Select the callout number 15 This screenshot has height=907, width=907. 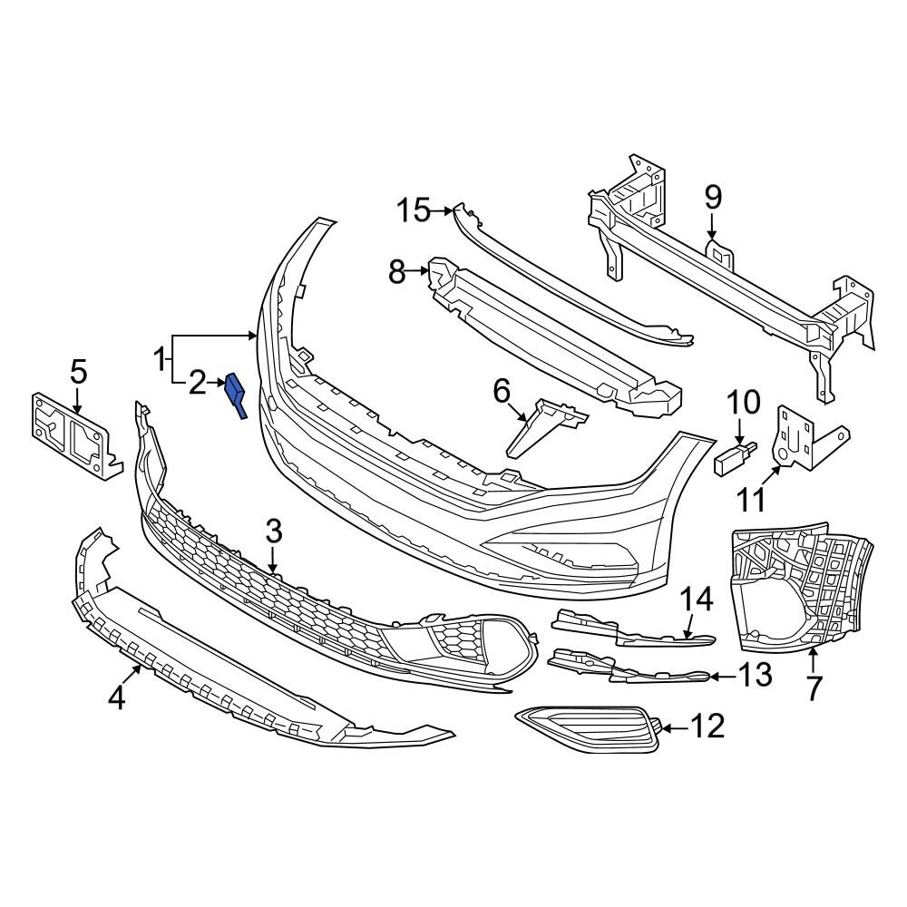point(414,211)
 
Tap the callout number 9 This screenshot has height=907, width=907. point(712,195)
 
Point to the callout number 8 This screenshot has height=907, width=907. point(397,271)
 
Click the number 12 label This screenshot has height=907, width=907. point(707,726)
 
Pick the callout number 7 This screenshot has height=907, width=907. point(813,688)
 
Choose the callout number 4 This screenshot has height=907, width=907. point(116,698)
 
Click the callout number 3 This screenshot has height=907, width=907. point(275,532)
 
